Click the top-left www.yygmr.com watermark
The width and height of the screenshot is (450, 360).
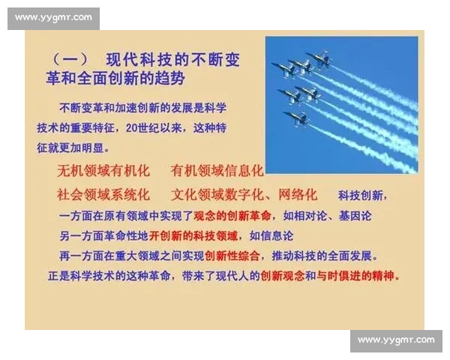(x=53, y=17)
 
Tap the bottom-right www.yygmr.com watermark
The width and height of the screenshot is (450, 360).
(x=396, y=340)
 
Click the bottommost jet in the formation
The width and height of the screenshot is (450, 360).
(x=297, y=118)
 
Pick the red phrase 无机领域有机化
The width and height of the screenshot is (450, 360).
(x=104, y=171)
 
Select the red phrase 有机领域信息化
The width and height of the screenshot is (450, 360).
(x=217, y=171)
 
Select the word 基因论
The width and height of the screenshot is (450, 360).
(x=353, y=216)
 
